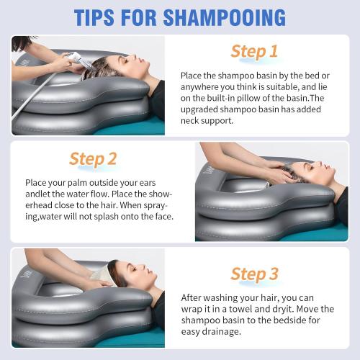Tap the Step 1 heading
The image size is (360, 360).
253,51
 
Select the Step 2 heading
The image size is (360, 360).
92,158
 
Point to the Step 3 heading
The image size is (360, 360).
253,274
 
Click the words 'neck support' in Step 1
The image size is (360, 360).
209,121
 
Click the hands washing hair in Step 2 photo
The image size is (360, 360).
274,173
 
